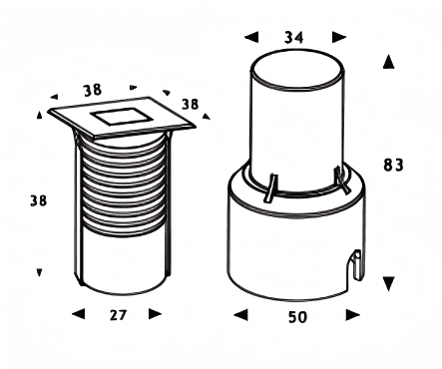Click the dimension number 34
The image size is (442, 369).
(294, 37)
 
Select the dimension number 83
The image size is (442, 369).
(393, 165)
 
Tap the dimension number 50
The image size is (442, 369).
(297, 317)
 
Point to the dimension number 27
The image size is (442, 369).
(118, 315)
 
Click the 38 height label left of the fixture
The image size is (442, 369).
(39, 200)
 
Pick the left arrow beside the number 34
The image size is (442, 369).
(251, 37)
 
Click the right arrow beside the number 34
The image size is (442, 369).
(339, 37)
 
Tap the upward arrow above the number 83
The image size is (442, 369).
(388, 62)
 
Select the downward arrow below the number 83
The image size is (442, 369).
(388, 283)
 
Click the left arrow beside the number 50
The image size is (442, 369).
(240, 315)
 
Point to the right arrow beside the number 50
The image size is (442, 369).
(353, 315)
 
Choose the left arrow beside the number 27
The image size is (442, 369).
(79, 313)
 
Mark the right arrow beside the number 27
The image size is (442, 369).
(155, 313)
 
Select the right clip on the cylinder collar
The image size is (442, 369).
(341, 180)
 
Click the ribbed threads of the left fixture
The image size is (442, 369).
(124, 186)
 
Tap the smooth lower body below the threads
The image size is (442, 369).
(124, 262)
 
